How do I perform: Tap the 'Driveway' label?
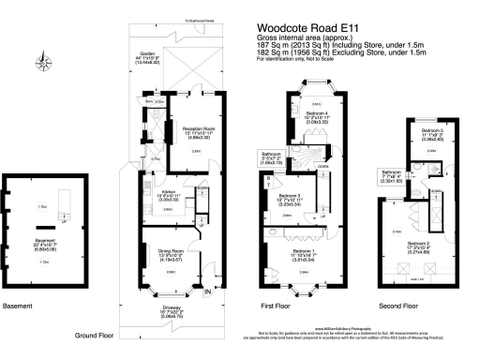tap(172, 312)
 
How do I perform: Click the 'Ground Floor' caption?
tap(98, 334)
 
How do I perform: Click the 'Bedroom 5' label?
tap(431, 131)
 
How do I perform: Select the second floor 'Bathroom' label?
tap(390, 172)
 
